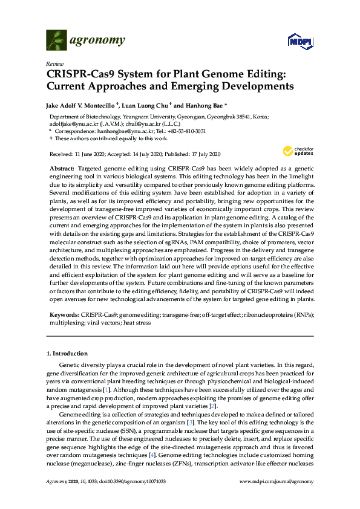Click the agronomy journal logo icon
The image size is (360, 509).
[56, 41]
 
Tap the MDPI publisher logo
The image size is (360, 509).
[298, 41]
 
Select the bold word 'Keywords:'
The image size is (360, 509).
[64, 316]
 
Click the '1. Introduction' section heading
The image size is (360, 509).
[67, 353]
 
